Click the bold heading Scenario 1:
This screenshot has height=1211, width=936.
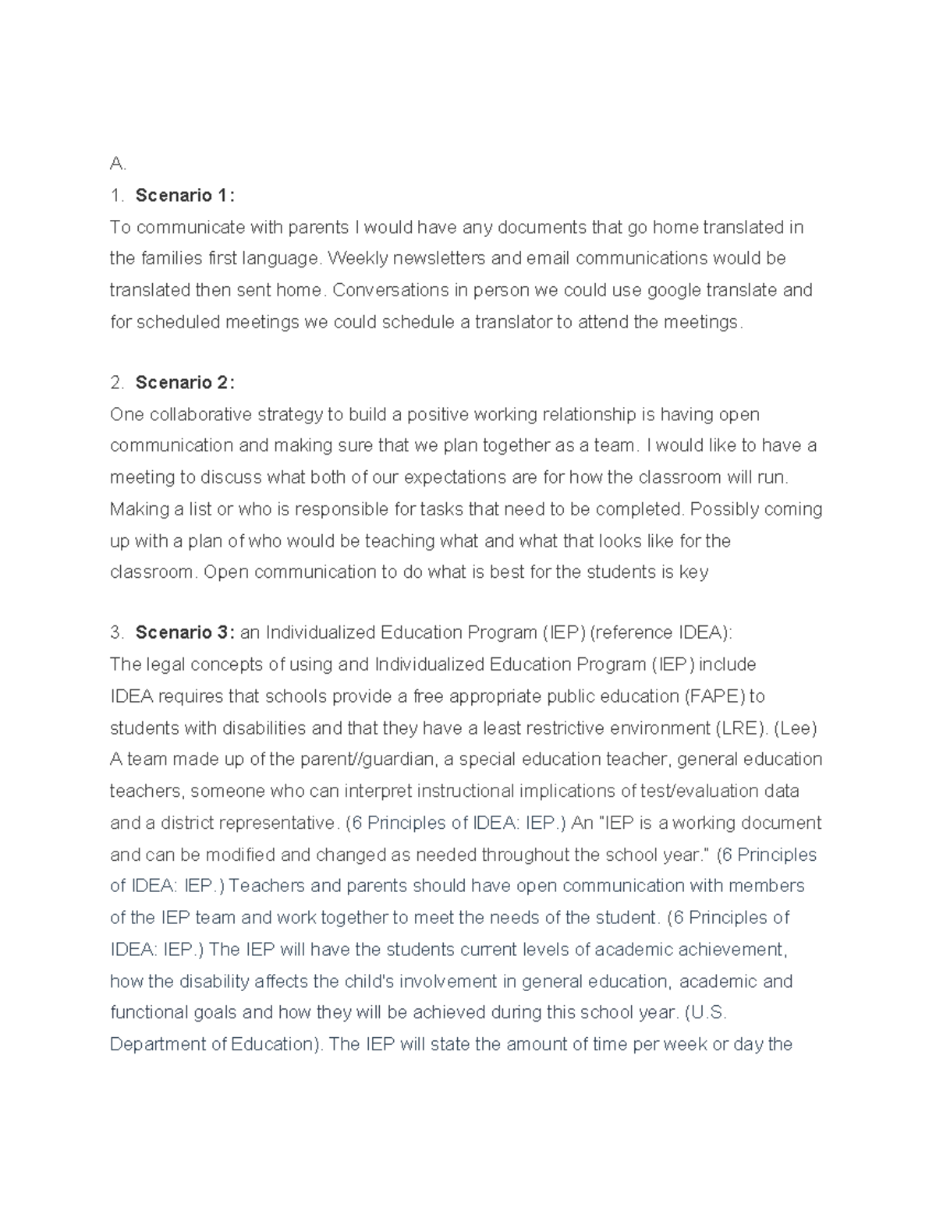(185, 196)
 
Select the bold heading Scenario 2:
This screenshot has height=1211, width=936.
(185, 383)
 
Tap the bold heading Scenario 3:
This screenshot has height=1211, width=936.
(185, 632)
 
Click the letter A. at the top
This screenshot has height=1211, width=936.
(118, 164)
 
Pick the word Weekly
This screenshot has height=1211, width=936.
(356, 258)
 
